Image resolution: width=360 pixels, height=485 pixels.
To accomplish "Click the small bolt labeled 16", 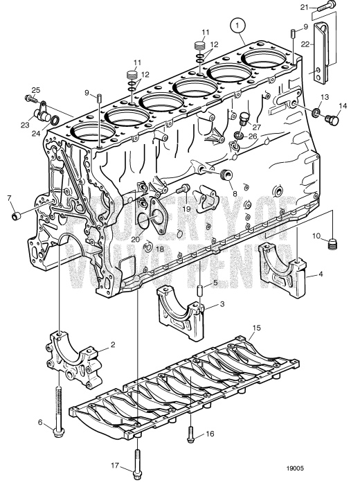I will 188,424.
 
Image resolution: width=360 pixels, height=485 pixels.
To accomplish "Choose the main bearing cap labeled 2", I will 73,355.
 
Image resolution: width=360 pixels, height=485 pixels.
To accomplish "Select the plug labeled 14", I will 331,122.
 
